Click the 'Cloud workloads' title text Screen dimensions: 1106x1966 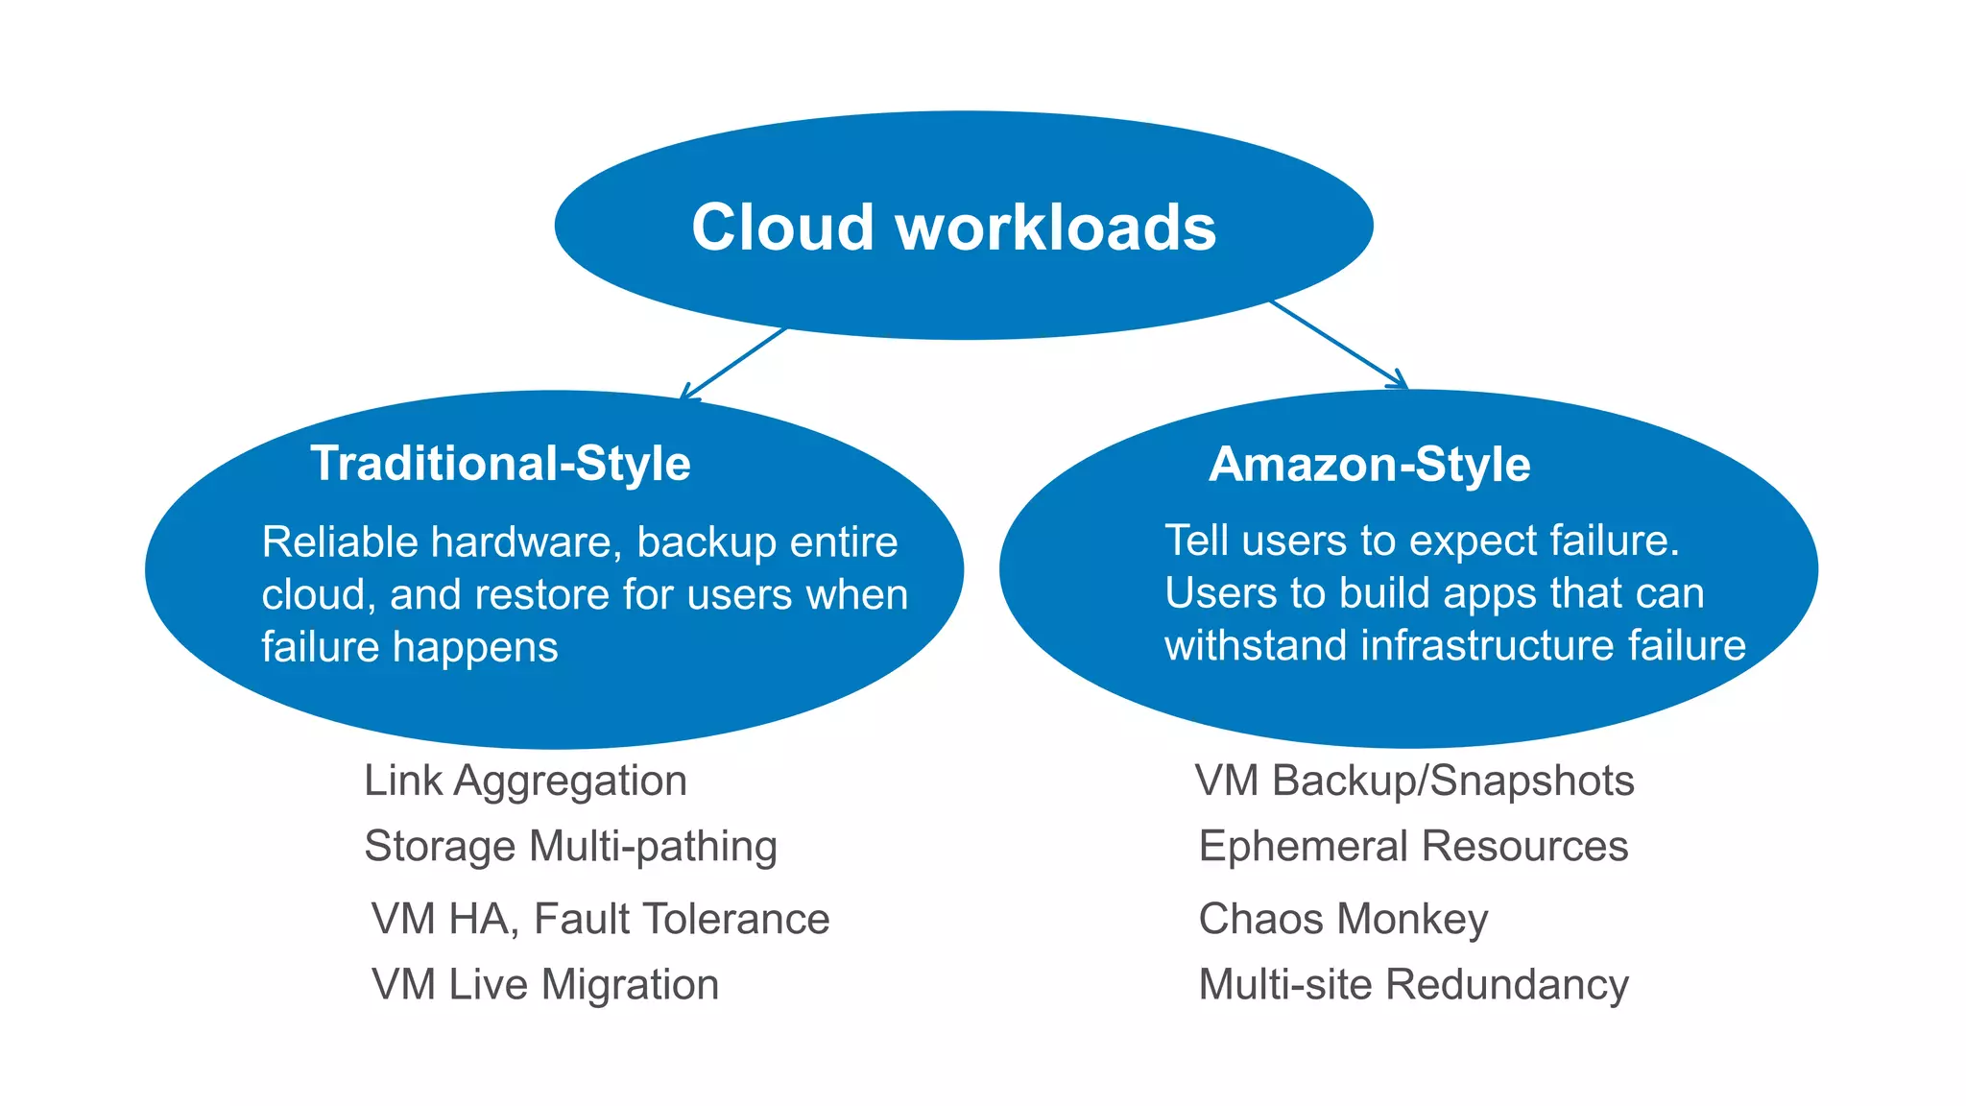[953, 228]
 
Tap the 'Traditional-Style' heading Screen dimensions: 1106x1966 [500, 464]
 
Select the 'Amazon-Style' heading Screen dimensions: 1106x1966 [1369, 465]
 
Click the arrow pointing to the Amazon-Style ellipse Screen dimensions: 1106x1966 [1339, 345]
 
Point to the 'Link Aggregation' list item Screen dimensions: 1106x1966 [525, 781]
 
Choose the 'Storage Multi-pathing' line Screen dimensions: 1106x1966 [570, 847]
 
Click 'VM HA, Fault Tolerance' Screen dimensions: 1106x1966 [600, 919]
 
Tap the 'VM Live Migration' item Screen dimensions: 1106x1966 [545, 985]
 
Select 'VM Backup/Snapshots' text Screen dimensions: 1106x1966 [1414, 781]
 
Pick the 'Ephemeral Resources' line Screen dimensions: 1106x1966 [1413, 847]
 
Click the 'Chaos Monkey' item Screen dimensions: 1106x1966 [1343, 919]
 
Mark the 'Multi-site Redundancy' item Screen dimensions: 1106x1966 [1413, 985]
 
